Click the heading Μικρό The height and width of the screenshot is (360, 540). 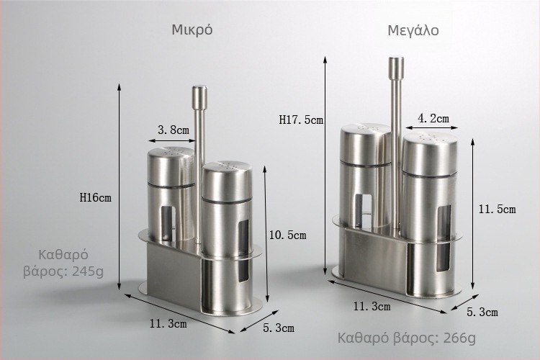(x=192, y=30)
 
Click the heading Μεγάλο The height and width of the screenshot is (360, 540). (x=413, y=31)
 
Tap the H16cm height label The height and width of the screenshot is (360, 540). (x=95, y=197)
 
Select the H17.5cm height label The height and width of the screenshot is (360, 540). (x=301, y=120)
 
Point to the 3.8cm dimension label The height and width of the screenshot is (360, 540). (x=174, y=130)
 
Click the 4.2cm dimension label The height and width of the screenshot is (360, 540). (x=433, y=118)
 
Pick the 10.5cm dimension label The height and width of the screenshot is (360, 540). (x=287, y=235)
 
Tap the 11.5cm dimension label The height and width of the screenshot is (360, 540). (x=497, y=209)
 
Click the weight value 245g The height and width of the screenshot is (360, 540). (x=88, y=272)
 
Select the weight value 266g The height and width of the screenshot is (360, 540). (x=459, y=338)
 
